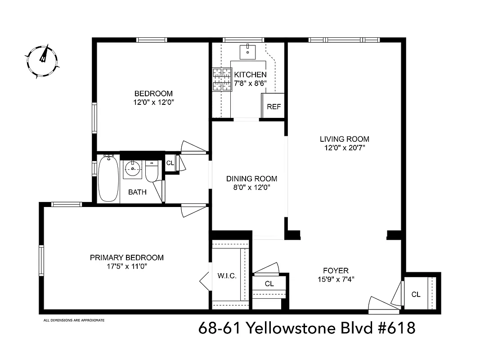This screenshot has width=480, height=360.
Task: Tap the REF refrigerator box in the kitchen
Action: point(273,106)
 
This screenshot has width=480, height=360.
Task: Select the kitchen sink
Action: point(247,52)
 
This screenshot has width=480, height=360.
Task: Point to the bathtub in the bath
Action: point(108,179)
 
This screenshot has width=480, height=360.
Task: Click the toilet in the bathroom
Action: point(152,172)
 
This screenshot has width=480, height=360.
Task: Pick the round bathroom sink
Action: point(133,169)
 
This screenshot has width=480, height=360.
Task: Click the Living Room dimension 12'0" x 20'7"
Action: point(345,148)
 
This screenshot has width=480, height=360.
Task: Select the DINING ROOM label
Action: point(251,178)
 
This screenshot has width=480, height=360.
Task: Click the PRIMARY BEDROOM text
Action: point(127,258)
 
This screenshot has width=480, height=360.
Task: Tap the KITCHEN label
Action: point(250,75)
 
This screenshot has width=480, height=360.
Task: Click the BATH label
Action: point(137,192)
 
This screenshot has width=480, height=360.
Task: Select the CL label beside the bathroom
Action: point(170,163)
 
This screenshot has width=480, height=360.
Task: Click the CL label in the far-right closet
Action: point(416,294)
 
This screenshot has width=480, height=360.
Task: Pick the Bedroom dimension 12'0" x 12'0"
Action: point(153,102)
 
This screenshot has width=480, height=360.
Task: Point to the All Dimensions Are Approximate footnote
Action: point(74,320)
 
